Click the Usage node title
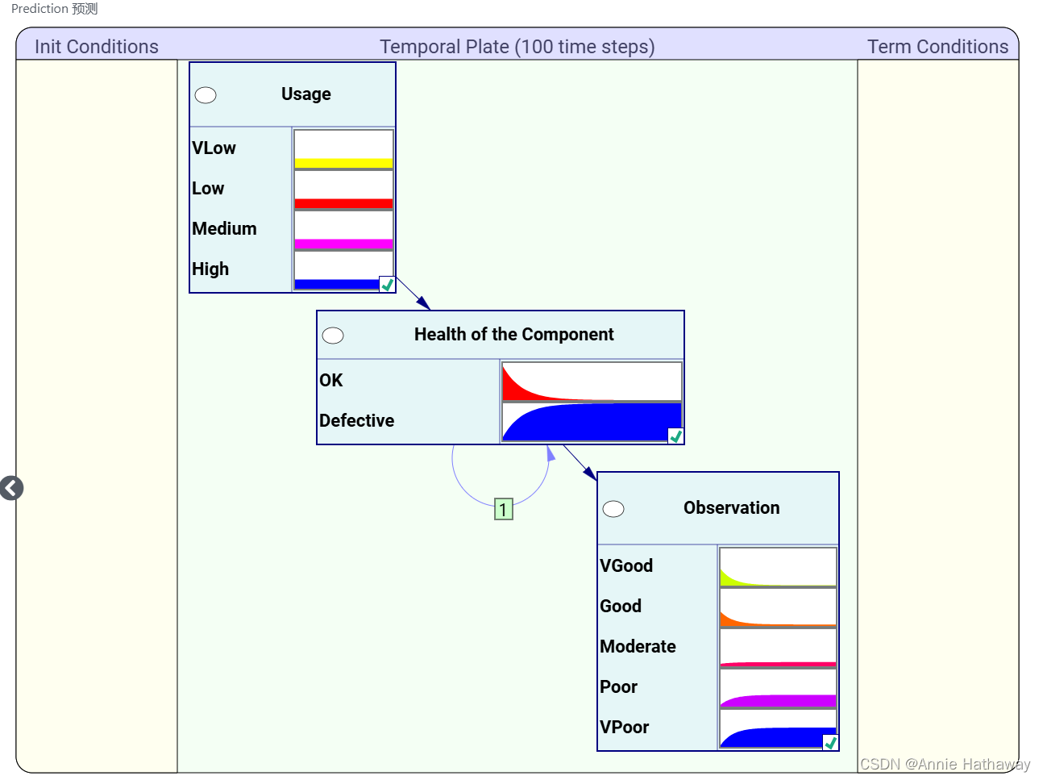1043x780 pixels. (x=305, y=94)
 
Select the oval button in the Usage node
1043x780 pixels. (x=206, y=95)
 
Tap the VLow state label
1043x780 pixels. (x=214, y=148)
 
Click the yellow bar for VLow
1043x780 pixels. (x=343, y=163)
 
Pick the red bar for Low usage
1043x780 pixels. (x=343, y=203)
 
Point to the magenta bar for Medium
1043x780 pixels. (x=343, y=244)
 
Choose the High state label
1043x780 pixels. (x=210, y=269)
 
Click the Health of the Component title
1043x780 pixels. (x=513, y=335)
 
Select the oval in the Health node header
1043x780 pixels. (x=333, y=336)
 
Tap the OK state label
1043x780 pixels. (x=331, y=381)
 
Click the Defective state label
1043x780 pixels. (x=356, y=421)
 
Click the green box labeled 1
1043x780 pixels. (x=503, y=509)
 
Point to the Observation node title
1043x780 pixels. (x=731, y=508)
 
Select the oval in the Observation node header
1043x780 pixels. (x=613, y=509)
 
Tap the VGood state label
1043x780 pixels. (x=626, y=566)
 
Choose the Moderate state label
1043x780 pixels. (x=638, y=647)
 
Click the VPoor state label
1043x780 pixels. (x=624, y=728)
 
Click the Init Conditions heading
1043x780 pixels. (x=97, y=47)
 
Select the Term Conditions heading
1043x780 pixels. (x=937, y=47)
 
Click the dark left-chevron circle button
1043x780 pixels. (x=12, y=488)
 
